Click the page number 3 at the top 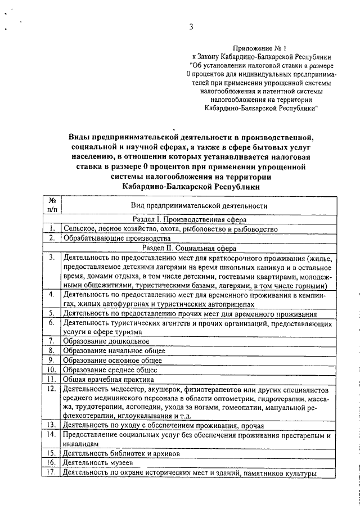coord(191,26)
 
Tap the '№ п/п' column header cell coord(52,205)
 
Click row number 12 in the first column coord(51,389)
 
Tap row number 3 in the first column coord(51,258)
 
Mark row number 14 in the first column coord(51,435)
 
